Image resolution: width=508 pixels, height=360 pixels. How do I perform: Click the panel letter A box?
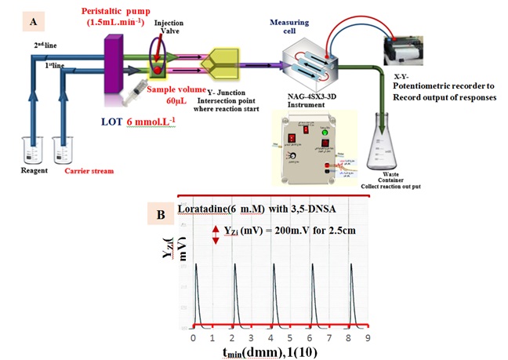(x=34, y=22)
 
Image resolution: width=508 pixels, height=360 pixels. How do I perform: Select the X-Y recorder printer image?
(x=409, y=53)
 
